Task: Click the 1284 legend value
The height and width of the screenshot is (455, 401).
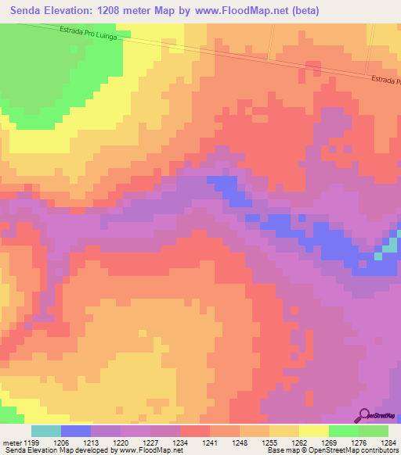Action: tap(388, 442)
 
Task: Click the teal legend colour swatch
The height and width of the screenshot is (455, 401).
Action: tap(46, 431)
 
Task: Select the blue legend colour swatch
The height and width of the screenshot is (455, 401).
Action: tap(76, 431)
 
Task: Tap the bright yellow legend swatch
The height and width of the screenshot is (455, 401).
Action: tap(314, 431)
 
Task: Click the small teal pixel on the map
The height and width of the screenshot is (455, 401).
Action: tap(378, 255)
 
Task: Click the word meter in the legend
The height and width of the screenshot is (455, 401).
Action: tap(10, 442)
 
